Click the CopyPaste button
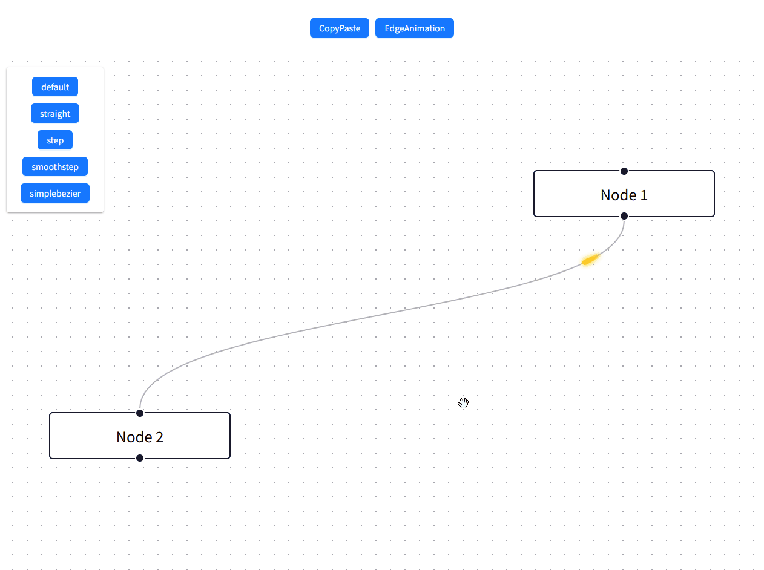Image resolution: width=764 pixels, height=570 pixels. (340, 28)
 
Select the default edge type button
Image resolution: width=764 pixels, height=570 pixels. (55, 87)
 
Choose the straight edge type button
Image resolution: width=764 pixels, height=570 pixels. (55, 113)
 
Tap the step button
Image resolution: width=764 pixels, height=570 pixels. (55, 140)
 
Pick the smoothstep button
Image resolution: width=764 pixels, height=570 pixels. (55, 166)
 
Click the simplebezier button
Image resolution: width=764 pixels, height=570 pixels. (55, 193)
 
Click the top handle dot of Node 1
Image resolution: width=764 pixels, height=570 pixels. (624, 171)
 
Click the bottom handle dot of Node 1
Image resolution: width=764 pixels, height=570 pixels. (624, 216)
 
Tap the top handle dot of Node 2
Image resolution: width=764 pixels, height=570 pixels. (140, 413)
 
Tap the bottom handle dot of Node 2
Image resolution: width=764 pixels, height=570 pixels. (140, 458)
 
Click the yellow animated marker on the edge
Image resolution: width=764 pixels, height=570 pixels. (590, 260)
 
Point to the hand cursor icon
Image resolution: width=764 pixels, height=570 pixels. (463, 403)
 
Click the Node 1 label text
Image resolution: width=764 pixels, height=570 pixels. (624, 195)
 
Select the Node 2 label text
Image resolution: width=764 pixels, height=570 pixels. (140, 437)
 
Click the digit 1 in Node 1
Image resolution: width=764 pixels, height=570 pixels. (644, 195)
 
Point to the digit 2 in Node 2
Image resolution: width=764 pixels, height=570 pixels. (159, 437)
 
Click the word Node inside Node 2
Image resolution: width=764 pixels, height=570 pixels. (134, 437)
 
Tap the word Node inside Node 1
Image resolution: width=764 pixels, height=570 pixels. (619, 195)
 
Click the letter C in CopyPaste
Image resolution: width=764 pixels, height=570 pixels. (322, 28)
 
